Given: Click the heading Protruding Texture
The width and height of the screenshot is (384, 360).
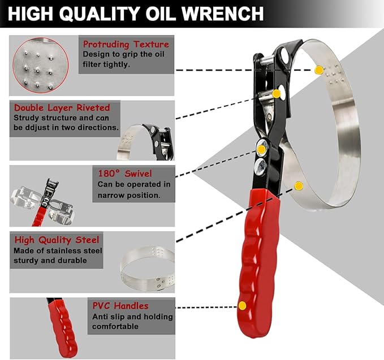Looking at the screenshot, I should pos(126,44).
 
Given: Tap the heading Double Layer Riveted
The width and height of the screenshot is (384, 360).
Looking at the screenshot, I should pos(62,107).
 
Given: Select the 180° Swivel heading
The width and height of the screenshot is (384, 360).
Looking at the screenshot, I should pos(124,173).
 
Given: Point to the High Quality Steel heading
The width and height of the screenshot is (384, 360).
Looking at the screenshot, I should pos(57,240).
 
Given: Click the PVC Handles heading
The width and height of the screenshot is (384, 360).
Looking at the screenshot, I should pos(121,305).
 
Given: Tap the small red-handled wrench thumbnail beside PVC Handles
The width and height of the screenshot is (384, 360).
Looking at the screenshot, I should pos(61,325).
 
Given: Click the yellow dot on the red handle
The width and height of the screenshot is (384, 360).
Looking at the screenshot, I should pos(242,306).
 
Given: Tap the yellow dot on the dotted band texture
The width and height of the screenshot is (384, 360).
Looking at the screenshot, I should pos(319,70).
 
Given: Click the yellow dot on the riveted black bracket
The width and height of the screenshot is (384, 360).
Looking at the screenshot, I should pos(277,94).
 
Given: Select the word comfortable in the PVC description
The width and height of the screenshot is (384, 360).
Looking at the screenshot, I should pos(115,326).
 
